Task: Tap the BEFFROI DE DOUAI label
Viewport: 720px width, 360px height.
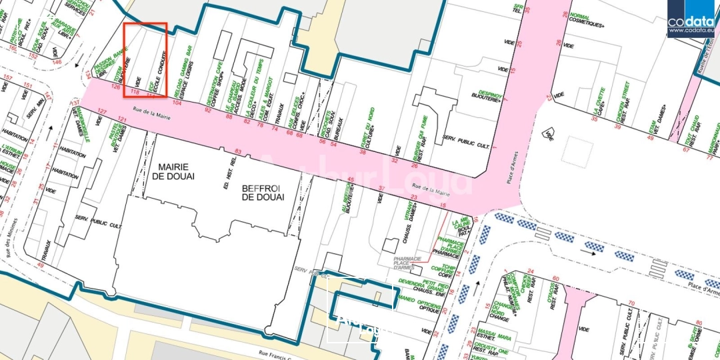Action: point(263,193)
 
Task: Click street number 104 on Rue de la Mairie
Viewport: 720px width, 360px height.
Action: point(177,103)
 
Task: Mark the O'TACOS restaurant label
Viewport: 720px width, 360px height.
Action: point(552,293)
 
